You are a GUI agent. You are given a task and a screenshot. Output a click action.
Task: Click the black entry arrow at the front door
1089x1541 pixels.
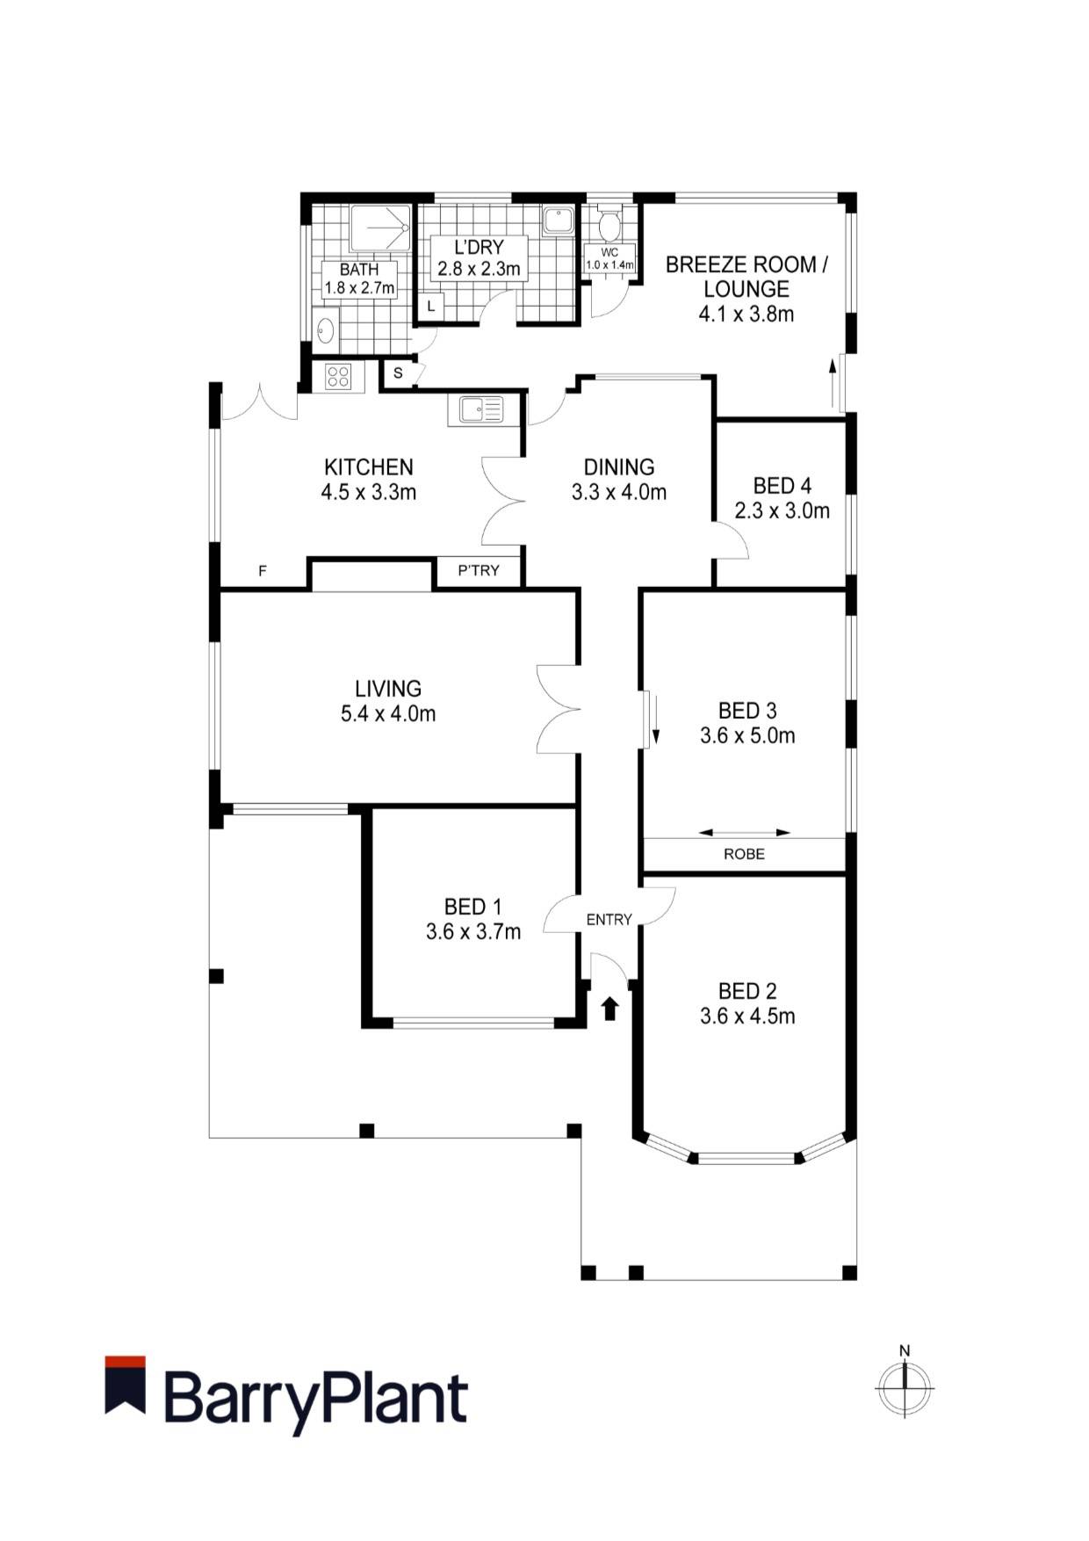coord(610,1008)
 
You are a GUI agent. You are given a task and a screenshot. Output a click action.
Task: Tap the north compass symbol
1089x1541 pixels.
coord(905,1387)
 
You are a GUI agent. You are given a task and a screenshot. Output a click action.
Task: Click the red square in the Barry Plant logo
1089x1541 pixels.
coord(125,1363)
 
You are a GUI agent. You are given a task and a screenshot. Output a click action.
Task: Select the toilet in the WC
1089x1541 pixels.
coord(608,225)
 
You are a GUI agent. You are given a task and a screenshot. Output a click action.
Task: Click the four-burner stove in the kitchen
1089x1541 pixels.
coord(338,377)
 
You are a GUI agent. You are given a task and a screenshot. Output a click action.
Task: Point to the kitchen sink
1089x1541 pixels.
coord(479,409)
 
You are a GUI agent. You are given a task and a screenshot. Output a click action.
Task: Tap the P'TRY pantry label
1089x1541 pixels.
coord(479,571)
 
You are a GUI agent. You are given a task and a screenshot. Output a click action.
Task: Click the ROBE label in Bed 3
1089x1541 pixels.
coord(744,854)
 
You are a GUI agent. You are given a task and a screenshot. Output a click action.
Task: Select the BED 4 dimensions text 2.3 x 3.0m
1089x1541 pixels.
coord(782,510)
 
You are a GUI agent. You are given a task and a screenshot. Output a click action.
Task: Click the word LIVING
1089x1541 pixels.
coord(388,689)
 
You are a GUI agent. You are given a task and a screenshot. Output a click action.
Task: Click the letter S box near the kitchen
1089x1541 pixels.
coord(398,373)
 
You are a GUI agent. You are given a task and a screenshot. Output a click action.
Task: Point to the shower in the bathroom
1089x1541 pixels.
coord(379,228)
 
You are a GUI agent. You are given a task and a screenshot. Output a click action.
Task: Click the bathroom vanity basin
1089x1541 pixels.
coord(325,330)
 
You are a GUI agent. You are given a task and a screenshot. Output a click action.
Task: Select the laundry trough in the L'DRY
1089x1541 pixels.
coord(558,221)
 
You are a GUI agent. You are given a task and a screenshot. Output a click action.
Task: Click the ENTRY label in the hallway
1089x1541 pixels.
coord(609,920)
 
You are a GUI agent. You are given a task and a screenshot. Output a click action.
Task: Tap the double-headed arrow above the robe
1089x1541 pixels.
coord(745,832)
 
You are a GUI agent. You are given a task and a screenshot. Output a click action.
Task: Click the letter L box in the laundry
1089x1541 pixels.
coord(430,307)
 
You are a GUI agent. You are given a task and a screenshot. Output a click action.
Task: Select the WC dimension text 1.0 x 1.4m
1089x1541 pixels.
coord(610,264)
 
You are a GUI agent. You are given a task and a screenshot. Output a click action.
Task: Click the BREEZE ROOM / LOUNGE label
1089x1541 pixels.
coord(746,277)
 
